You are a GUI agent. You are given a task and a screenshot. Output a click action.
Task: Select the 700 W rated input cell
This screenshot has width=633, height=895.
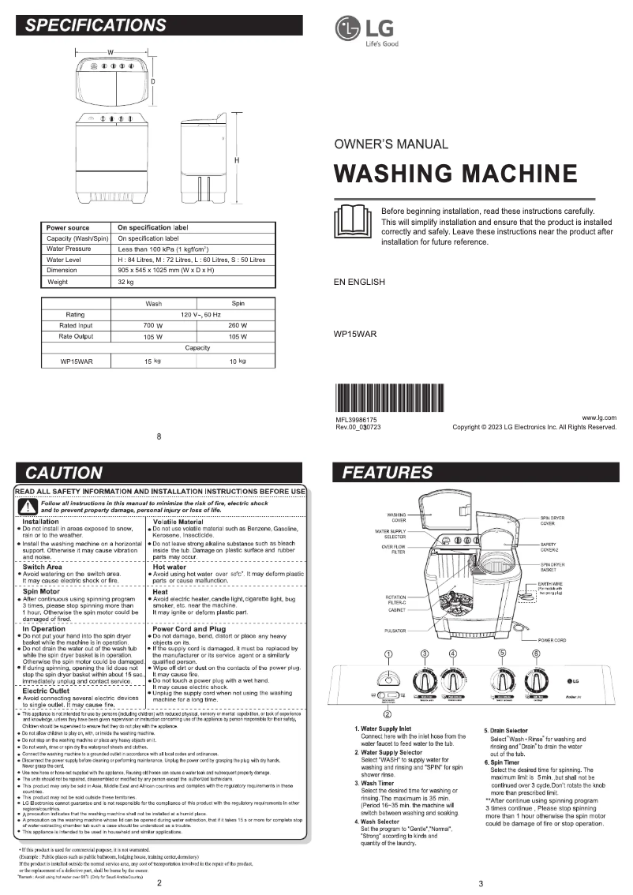coord(152,325)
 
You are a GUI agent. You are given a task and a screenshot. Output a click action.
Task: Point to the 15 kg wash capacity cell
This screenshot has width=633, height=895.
coord(152,361)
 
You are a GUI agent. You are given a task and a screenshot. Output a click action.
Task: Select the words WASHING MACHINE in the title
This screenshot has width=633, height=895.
coord(455,173)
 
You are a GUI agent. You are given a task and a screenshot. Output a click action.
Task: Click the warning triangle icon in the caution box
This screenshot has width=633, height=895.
coord(28,507)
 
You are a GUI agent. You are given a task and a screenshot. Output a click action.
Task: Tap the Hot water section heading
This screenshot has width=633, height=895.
coord(169,566)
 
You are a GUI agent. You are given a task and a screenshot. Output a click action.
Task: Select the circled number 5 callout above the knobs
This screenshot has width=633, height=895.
coord(502,653)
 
